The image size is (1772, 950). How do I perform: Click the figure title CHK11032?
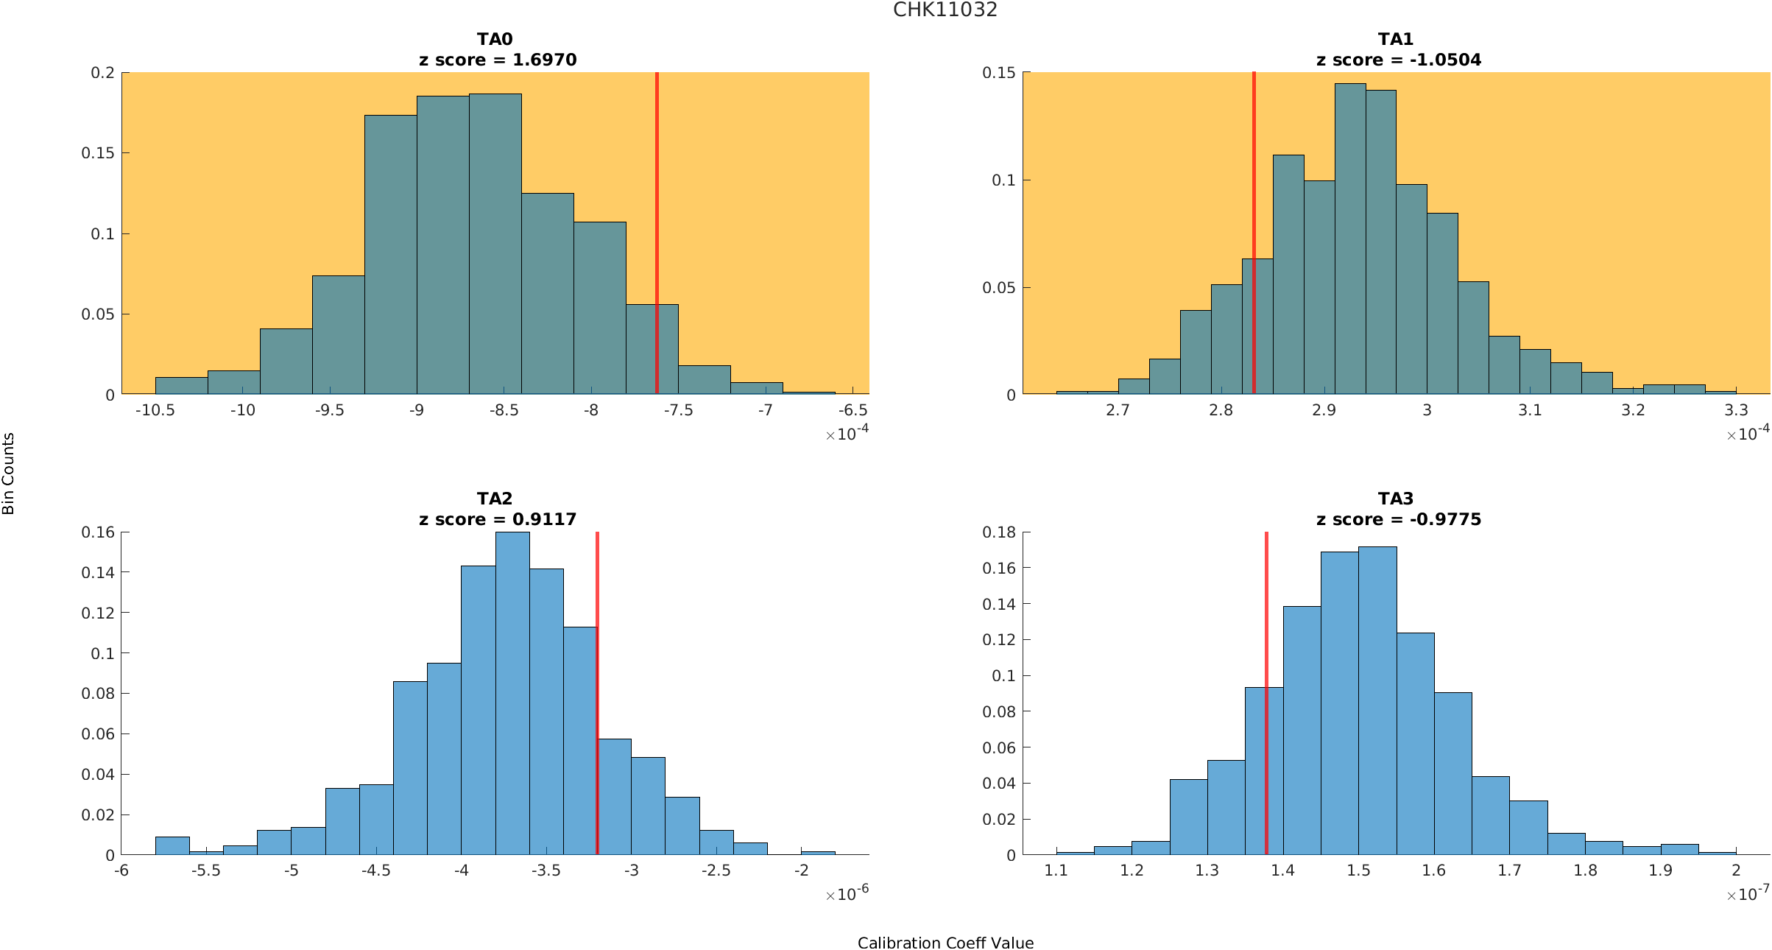coord(945,10)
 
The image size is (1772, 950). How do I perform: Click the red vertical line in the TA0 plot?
coord(657,221)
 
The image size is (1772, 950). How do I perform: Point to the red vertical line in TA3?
coord(1266,626)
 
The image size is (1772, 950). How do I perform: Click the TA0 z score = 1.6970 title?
coord(498,60)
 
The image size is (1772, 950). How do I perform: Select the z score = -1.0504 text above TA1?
coord(1398,60)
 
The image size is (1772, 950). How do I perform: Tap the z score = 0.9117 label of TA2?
coord(498,519)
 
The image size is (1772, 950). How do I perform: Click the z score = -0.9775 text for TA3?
coord(1398,519)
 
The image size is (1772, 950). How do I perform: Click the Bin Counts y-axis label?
coord(8,473)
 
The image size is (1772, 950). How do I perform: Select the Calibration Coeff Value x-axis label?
coord(945,943)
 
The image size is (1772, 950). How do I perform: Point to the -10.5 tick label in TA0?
coord(155,410)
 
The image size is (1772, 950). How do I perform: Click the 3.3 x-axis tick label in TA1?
coord(1735,410)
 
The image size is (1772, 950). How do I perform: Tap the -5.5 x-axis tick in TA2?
coord(206,870)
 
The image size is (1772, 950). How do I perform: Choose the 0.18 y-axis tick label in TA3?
coord(998,532)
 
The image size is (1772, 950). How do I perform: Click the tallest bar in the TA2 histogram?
coord(512,692)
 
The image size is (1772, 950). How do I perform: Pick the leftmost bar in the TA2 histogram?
coord(172,845)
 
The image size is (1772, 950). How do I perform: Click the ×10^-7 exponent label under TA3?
coord(1747,894)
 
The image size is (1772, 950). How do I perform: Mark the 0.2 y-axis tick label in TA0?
coord(102,72)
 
